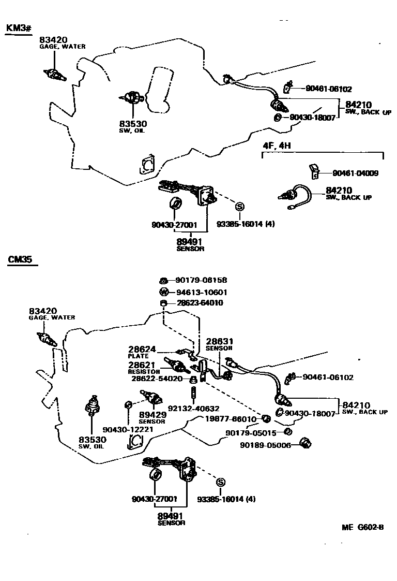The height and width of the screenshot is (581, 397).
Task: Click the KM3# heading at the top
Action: click(17, 28)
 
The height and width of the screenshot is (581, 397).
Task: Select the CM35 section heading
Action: click(21, 259)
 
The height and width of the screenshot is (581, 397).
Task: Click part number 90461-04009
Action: click(355, 173)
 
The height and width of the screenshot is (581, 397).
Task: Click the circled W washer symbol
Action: click(163, 292)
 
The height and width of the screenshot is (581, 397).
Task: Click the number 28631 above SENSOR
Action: click(220, 341)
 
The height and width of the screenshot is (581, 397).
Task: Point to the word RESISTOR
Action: click(144, 372)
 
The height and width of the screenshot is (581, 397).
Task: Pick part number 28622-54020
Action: click(156, 379)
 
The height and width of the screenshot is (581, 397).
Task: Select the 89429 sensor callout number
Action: click(151, 415)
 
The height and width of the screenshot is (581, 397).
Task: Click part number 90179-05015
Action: click(251, 432)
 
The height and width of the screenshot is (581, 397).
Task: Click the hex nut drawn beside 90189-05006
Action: click(306, 444)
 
